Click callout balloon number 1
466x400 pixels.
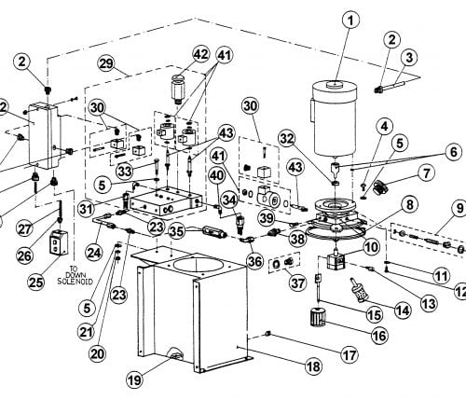tap(351, 21)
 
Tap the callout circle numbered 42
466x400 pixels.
tap(200, 54)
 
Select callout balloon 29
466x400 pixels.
tap(106, 63)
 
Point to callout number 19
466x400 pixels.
tap(135, 379)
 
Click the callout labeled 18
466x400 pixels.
tap(313, 366)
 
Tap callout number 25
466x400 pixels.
tap(36, 283)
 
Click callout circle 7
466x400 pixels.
tap(427, 173)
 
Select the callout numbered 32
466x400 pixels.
tap(287, 139)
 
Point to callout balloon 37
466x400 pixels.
tap(297, 283)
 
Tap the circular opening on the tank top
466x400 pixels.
tap(197, 268)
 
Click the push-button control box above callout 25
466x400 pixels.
tap(59, 242)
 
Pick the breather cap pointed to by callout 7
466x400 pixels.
tap(379, 187)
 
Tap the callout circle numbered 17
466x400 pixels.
tap(349, 354)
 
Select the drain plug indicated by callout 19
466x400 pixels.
tap(175, 355)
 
